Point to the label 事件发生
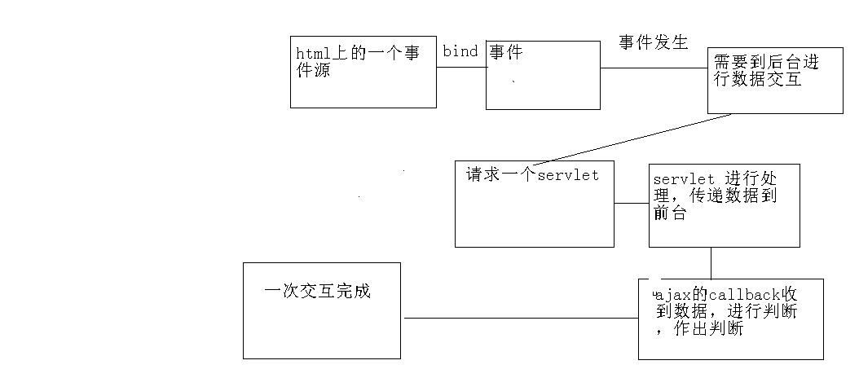653,43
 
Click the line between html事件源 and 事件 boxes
461,67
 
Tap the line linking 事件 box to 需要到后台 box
654,68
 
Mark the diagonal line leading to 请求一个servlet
636,138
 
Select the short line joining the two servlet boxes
632,203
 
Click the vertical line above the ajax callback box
711,262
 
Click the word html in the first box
311,54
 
